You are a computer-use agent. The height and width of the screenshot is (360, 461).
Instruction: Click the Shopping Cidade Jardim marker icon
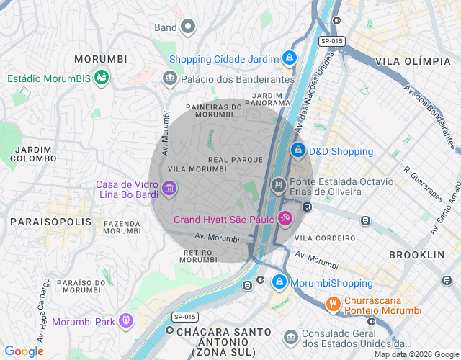tap(289, 58)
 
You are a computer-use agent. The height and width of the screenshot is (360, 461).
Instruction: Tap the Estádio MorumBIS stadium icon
tap(102, 77)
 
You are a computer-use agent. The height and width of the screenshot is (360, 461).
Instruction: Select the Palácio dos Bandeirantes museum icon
tap(170, 78)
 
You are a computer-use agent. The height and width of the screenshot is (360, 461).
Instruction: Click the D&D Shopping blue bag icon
tap(297, 150)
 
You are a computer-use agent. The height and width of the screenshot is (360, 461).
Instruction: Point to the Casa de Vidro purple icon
tap(169, 189)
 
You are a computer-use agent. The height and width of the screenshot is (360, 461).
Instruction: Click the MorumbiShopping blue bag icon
tap(279, 282)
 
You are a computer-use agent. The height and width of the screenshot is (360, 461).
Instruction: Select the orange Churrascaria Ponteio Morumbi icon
tap(332, 304)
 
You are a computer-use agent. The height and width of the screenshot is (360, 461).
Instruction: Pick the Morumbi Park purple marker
tap(127, 320)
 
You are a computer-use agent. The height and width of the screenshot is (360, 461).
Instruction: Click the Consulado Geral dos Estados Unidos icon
tap(290, 337)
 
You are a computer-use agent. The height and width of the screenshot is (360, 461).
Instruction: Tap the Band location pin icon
tap(188, 27)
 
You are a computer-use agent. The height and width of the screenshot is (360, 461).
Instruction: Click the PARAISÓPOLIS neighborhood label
tap(51, 222)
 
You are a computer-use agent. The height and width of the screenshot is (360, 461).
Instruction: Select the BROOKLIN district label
tap(416, 255)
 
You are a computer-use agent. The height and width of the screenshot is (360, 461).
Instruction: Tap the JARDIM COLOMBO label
tap(34, 153)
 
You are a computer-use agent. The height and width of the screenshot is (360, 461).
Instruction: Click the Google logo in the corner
tap(24, 351)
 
